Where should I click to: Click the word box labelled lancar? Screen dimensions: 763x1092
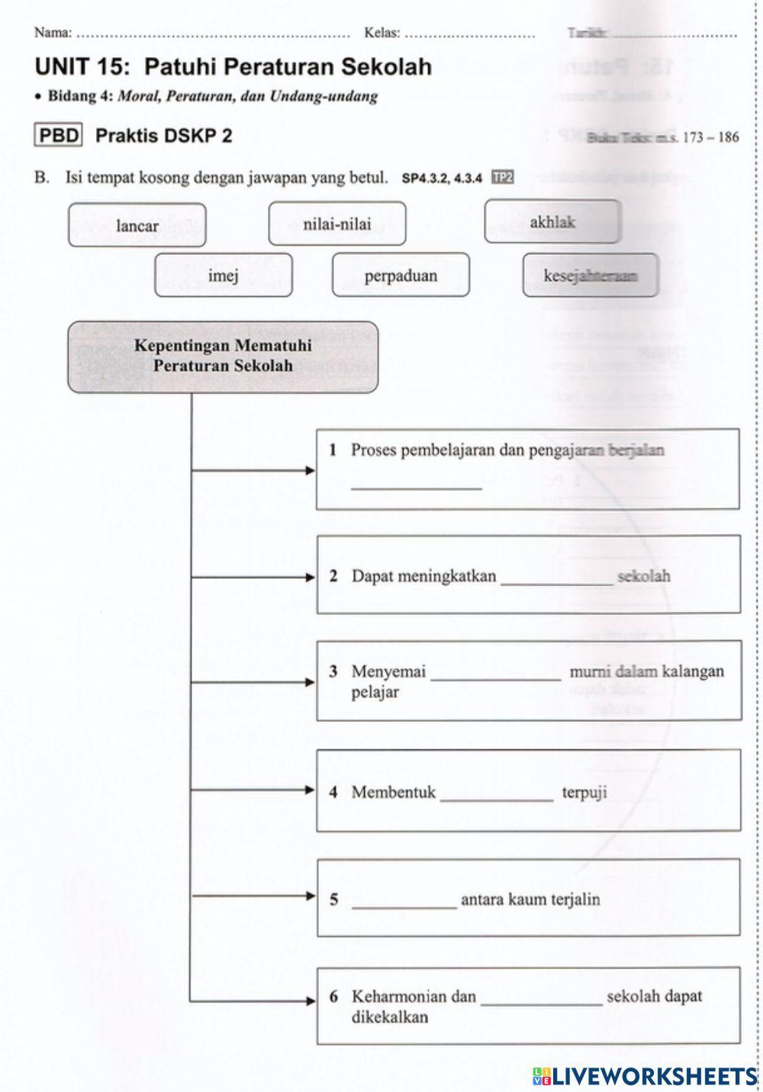tap(137, 225)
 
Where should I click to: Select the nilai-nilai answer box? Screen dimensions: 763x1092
tap(336, 224)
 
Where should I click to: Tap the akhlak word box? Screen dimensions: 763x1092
tap(552, 222)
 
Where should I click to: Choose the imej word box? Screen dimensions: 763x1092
tap(223, 275)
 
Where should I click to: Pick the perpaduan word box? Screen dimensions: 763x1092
tap(401, 275)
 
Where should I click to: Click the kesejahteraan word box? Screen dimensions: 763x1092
tap(590, 275)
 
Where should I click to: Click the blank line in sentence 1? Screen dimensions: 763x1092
tap(417, 483)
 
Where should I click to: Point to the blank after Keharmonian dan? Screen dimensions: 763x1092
tap(542, 1000)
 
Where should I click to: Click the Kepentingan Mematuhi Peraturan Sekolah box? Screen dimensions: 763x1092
tap(223, 356)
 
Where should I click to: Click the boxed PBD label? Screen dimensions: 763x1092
tap(60, 136)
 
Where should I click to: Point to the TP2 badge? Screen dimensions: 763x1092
tap(503, 178)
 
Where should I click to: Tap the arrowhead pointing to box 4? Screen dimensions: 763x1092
tap(310, 790)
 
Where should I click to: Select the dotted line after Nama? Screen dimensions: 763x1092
tap(214, 34)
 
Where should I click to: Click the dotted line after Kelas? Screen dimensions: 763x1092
tap(469, 34)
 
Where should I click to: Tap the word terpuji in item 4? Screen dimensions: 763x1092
tap(584, 792)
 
